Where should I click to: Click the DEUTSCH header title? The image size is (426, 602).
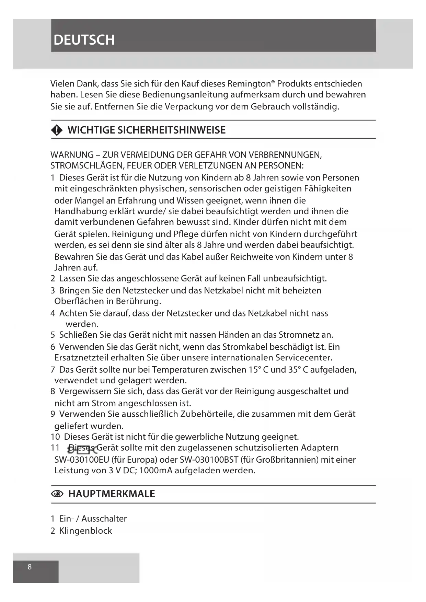84,40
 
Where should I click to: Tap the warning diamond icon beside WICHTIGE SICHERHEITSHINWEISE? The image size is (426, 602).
57,130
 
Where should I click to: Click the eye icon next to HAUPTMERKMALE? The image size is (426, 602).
57,494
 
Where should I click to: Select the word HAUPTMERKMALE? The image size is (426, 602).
112,494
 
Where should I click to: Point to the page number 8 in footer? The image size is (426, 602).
30,567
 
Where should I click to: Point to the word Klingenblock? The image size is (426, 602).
85,531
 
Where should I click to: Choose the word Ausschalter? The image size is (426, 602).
104,519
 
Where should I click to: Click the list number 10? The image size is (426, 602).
55,437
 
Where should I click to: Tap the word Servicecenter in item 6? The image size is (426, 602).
303,358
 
